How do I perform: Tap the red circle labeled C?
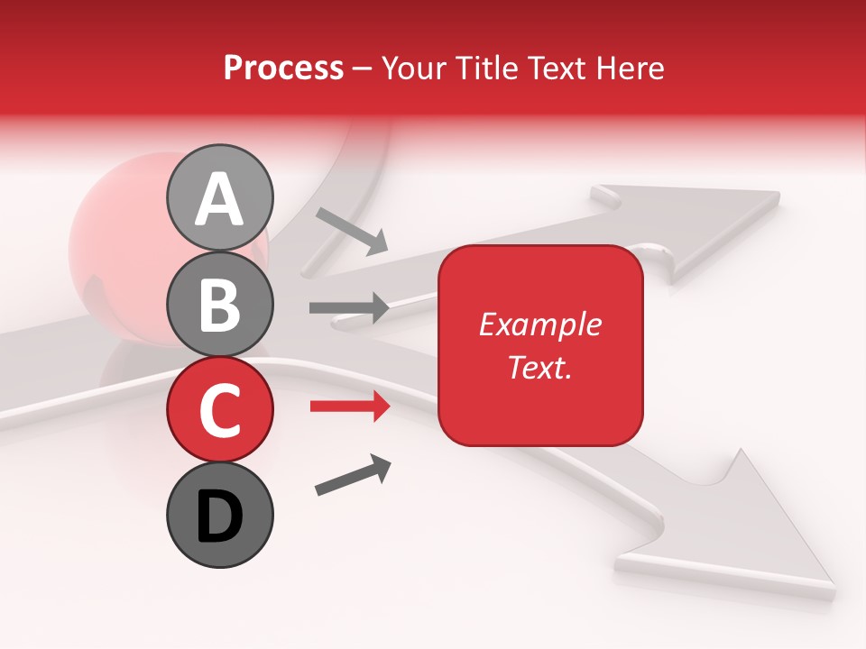[219, 409]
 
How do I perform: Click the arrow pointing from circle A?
[352, 230]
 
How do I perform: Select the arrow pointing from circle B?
[349, 308]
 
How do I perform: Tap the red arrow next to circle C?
[349, 407]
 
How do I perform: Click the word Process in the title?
[283, 68]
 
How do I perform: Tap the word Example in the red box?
[539, 325]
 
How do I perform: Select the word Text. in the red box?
[539, 367]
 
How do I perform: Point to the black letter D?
[219, 517]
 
